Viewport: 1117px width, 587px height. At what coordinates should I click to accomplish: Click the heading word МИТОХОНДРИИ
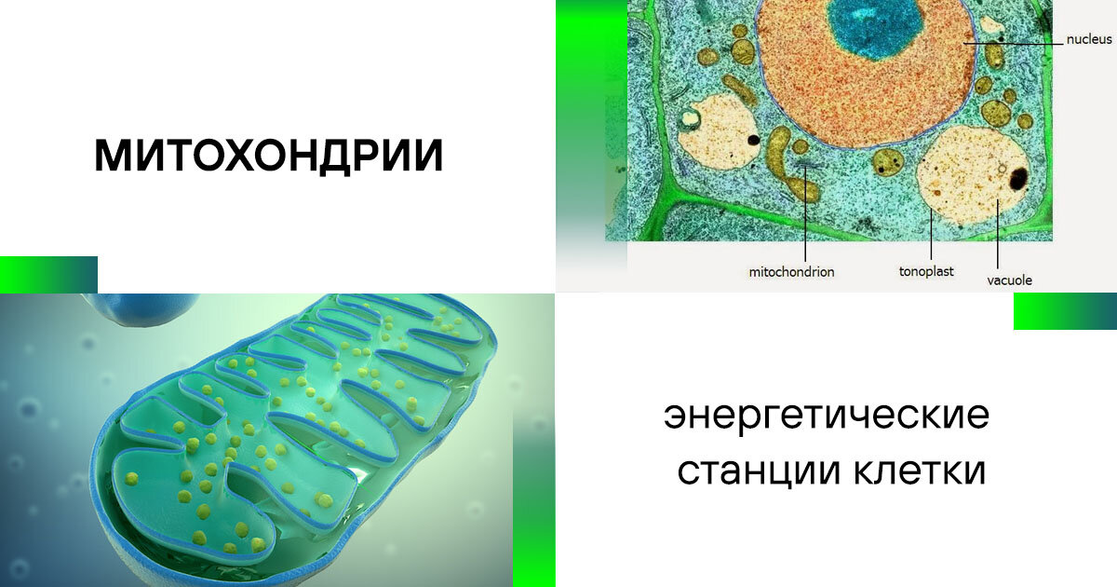[x=269, y=157]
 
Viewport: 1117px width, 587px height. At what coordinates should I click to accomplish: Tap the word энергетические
[x=827, y=416]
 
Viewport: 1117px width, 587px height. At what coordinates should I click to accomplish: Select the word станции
[x=760, y=471]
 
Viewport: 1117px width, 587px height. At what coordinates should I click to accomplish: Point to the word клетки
[x=920, y=470]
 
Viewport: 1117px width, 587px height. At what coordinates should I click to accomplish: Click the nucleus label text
[x=1089, y=39]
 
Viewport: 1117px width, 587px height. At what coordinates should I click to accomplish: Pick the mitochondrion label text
[x=791, y=272]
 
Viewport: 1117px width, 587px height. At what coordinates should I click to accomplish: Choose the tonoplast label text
[x=926, y=271]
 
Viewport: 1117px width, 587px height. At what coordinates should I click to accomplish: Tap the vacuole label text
[x=1009, y=280]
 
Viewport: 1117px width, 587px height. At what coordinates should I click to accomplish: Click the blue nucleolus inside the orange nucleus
[x=875, y=25]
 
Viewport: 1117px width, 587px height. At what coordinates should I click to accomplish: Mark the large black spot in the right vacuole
[x=1017, y=179]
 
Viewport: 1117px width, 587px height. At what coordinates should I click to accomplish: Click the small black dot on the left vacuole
[x=753, y=140]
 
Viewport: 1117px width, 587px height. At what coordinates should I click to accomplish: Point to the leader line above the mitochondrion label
[x=805, y=213]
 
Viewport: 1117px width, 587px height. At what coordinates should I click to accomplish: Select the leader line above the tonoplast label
[x=931, y=234]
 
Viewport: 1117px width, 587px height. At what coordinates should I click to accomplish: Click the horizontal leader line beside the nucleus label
[x=1013, y=44]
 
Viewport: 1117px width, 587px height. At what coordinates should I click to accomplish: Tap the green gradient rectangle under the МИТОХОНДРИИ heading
[x=48, y=275]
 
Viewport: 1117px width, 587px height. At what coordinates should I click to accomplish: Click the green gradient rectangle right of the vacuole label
[x=1065, y=311]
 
